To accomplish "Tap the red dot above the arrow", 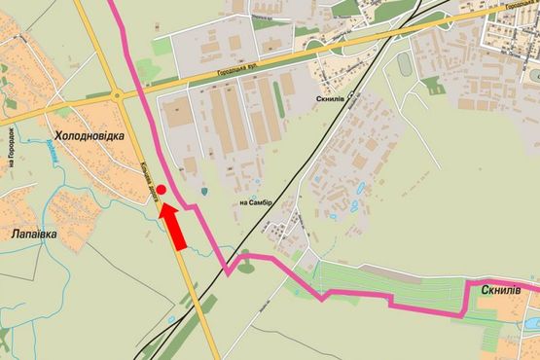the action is pos(162,191).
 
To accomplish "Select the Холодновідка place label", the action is pos(90,137).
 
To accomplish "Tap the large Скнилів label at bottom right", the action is pos(501,291).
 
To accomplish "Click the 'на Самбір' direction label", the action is pos(256,202).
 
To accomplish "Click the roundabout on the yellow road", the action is pos(117,95).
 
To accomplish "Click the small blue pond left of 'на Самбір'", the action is pos(203,192).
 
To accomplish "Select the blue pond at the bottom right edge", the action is pos(531,320).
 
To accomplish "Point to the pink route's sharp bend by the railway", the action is pos(229,273).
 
